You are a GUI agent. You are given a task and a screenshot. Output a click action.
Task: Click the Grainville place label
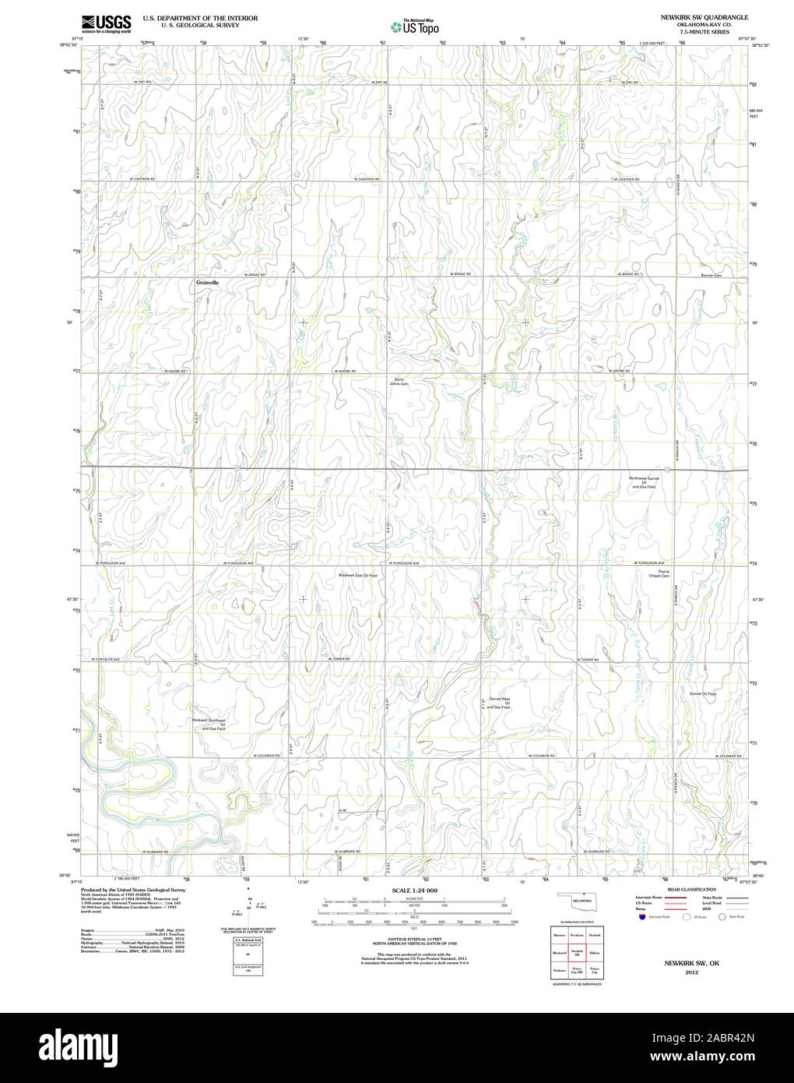point(208,282)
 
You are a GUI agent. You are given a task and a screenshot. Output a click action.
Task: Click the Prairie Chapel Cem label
point(659,574)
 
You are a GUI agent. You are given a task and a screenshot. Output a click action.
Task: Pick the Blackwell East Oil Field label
point(357,575)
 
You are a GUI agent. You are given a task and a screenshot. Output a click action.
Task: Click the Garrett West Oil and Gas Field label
point(499,703)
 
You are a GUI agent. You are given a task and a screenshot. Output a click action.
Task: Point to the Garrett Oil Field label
point(702,693)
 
